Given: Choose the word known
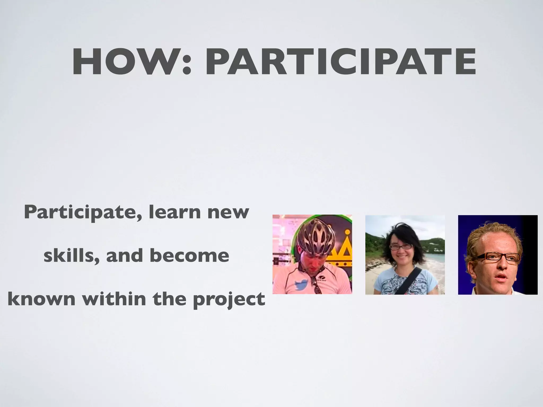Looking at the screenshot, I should click(41, 299).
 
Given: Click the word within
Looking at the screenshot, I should click(114, 298).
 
